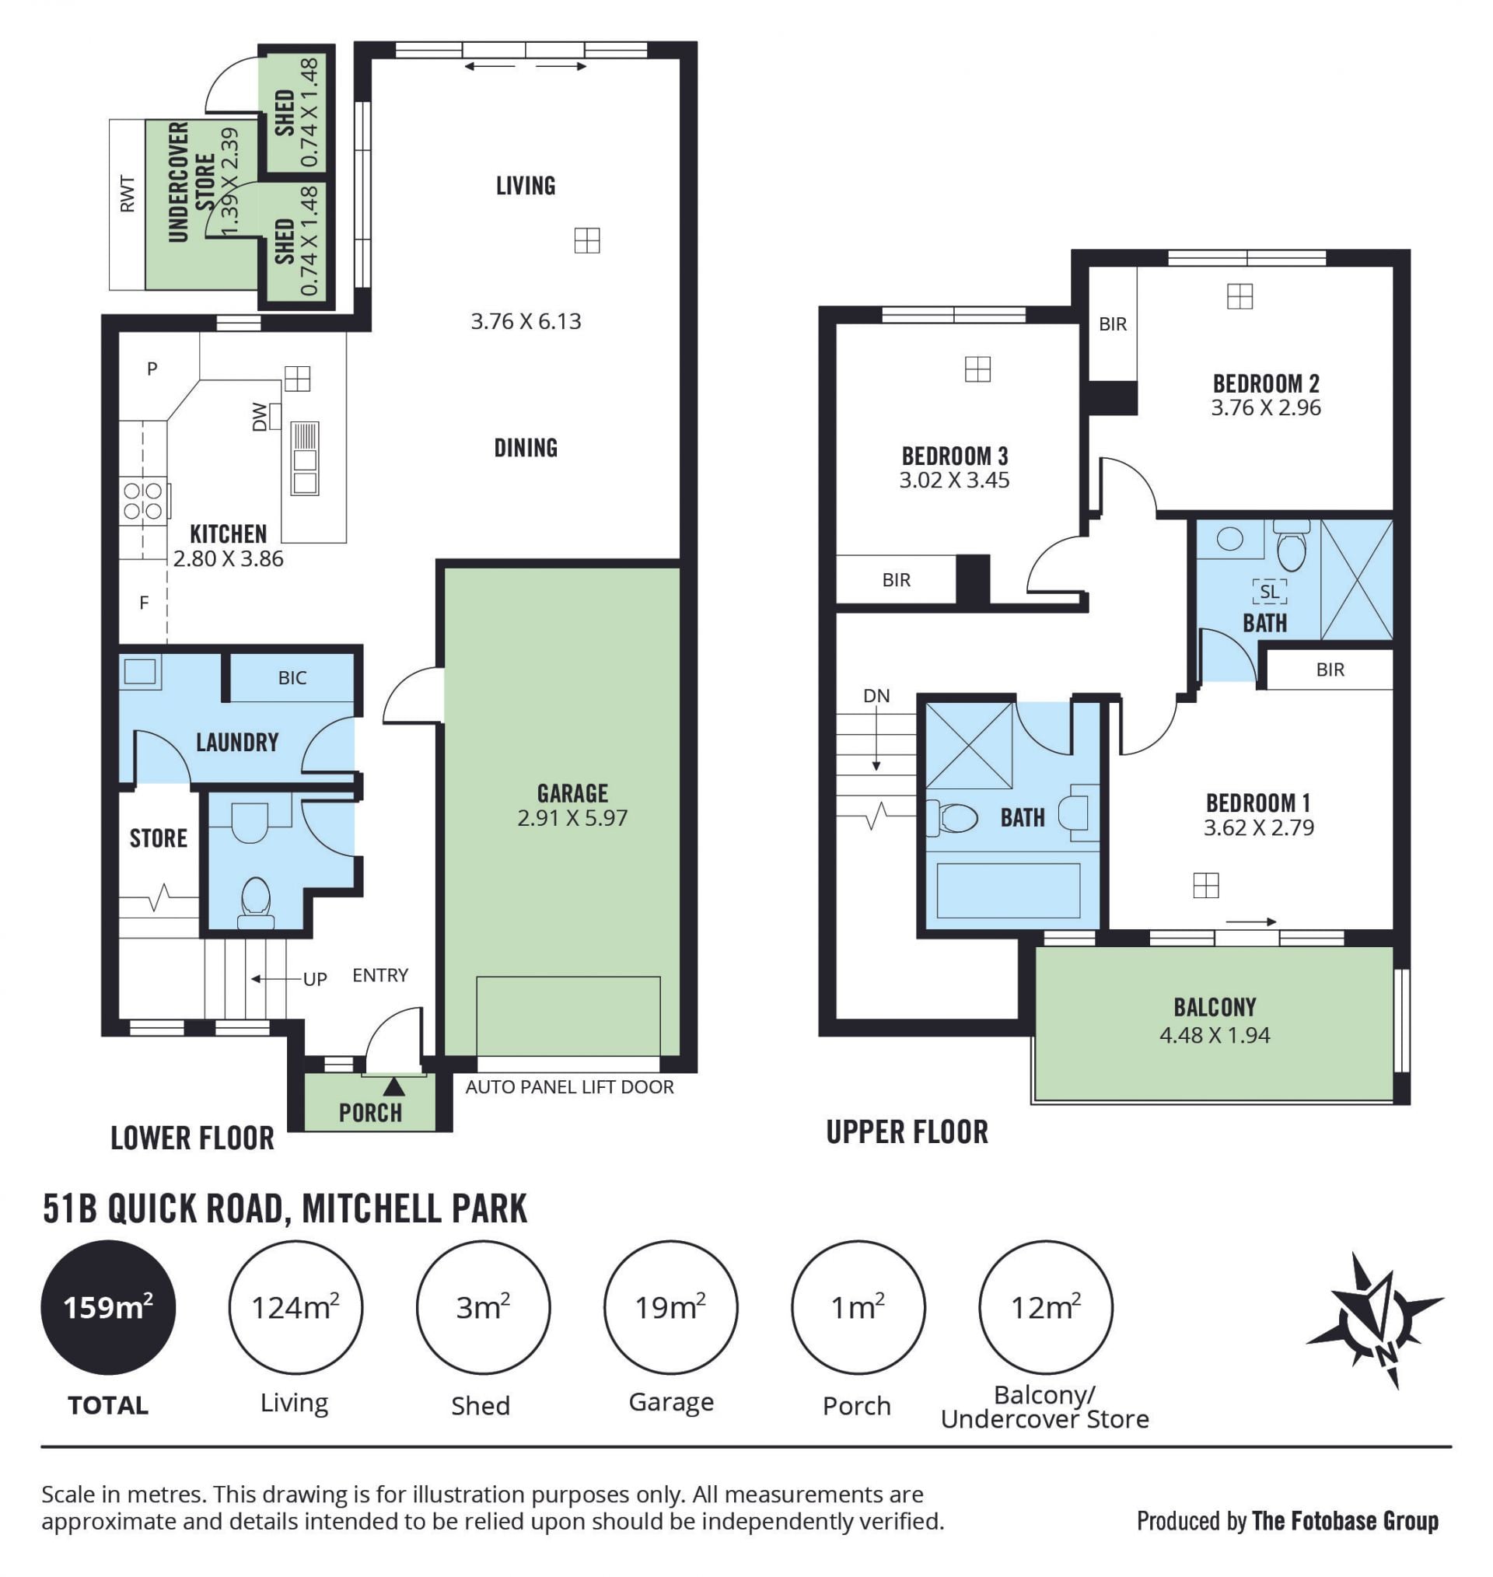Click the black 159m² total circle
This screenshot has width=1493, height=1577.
(108, 1307)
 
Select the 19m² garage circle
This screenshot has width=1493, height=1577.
(671, 1307)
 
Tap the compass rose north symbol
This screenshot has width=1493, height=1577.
(1375, 1319)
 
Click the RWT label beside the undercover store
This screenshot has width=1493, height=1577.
(128, 194)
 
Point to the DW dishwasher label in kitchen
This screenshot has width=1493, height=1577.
(260, 417)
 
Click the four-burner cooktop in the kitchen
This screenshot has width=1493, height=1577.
(144, 502)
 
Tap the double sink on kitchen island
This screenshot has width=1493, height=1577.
(305, 459)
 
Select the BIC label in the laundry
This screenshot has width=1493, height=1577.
(292, 678)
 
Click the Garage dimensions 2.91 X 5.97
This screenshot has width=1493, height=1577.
(572, 818)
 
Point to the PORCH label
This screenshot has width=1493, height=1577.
(370, 1112)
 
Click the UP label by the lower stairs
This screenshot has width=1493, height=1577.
(315, 980)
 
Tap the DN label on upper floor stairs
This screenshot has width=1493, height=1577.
(876, 695)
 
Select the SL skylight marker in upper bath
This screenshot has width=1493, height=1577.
(1269, 591)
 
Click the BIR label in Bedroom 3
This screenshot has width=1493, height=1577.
(896, 580)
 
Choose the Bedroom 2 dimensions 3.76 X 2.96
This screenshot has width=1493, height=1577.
(1265, 408)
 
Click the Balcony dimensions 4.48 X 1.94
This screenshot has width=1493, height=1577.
(1215, 1035)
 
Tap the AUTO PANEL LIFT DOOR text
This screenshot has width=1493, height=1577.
(570, 1087)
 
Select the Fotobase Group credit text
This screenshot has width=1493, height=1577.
(1345, 1520)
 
